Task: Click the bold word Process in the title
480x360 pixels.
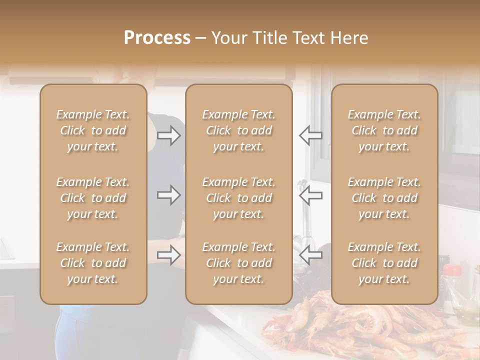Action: click(x=157, y=38)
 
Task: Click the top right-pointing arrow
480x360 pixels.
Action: click(x=168, y=135)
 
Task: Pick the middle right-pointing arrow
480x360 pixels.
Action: click(x=168, y=195)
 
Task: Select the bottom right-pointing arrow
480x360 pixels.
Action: click(x=168, y=255)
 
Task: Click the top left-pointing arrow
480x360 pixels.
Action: click(x=310, y=135)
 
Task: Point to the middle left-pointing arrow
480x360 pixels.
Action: click(x=310, y=195)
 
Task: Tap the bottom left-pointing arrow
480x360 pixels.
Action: click(x=310, y=255)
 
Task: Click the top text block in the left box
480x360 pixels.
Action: click(x=93, y=130)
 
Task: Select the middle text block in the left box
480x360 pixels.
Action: click(x=93, y=198)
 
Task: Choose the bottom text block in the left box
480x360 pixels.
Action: click(x=93, y=263)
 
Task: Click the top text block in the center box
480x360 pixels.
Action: click(x=238, y=130)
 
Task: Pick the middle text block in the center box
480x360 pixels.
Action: click(x=238, y=198)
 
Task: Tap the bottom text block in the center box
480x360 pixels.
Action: click(x=238, y=263)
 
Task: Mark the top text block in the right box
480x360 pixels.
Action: click(x=384, y=130)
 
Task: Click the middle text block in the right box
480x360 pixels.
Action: click(x=384, y=198)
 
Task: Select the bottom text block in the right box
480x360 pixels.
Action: click(x=384, y=263)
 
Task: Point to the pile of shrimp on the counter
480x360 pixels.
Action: click(x=350, y=330)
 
